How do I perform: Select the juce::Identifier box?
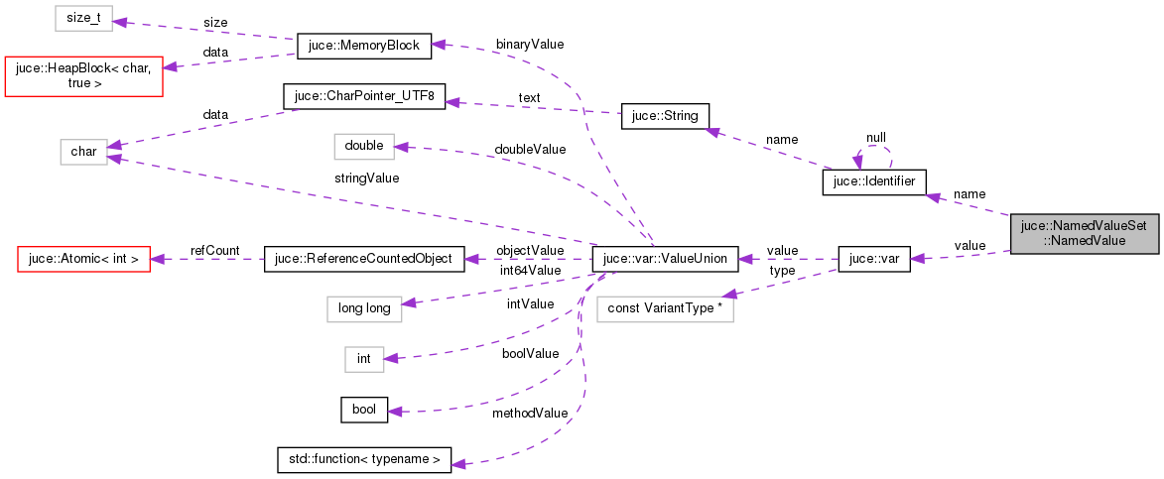click(x=874, y=182)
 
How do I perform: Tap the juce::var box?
click(x=874, y=260)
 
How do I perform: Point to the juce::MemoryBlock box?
click(x=363, y=46)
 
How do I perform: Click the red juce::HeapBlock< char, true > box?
click(x=83, y=75)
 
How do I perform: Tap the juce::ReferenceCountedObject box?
click(x=362, y=260)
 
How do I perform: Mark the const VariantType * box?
click(x=665, y=308)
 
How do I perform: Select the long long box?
click(x=364, y=308)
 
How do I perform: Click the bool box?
click(x=364, y=409)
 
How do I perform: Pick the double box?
click(x=363, y=146)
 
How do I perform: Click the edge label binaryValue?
click(x=530, y=45)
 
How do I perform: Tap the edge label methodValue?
click(x=530, y=413)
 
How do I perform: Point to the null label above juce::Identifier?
click(x=875, y=138)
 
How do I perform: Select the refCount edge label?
click(x=214, y=251)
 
